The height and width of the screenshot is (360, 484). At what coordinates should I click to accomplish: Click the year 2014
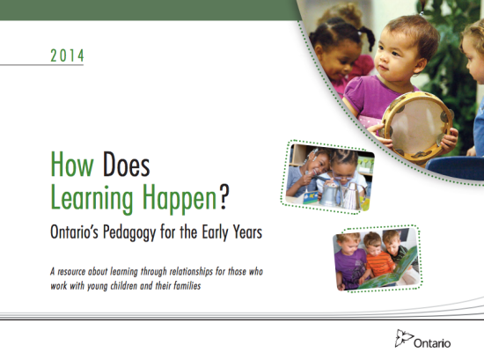pos(67,55)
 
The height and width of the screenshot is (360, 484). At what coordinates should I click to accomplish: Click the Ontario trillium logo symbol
pos(400,338)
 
